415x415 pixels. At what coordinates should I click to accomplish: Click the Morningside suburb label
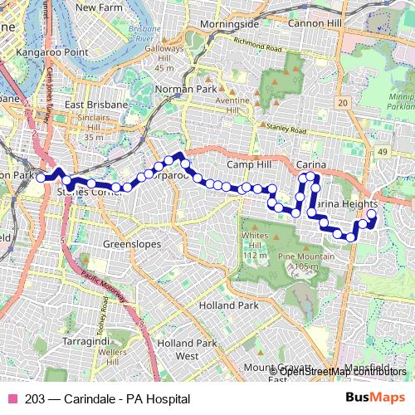(x=230, y=24)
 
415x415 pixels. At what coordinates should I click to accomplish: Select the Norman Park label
(x=192, y=89)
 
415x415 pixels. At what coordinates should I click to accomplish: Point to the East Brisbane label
(x=96, y=105)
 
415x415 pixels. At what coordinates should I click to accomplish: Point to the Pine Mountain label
(x=306, y=257)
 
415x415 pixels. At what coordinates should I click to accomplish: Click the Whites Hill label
(x=255, y=237)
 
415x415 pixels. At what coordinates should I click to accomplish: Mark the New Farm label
(x=99, y=7)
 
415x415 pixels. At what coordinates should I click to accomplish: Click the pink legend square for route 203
(x=12, y=399)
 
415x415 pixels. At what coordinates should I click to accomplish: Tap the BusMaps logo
(x=376, y=398)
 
